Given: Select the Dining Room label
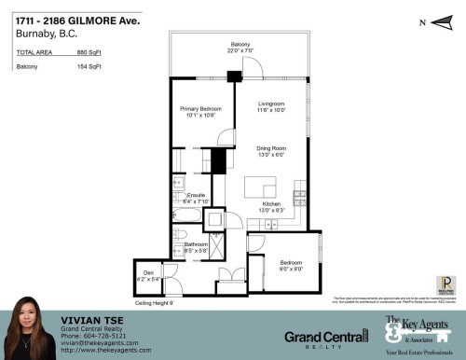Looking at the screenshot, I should tap(270, 150).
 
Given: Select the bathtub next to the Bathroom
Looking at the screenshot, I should tap(185, 222).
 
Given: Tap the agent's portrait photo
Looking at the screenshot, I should tap(31, 335).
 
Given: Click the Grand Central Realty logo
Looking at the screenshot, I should tap(325, 337).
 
